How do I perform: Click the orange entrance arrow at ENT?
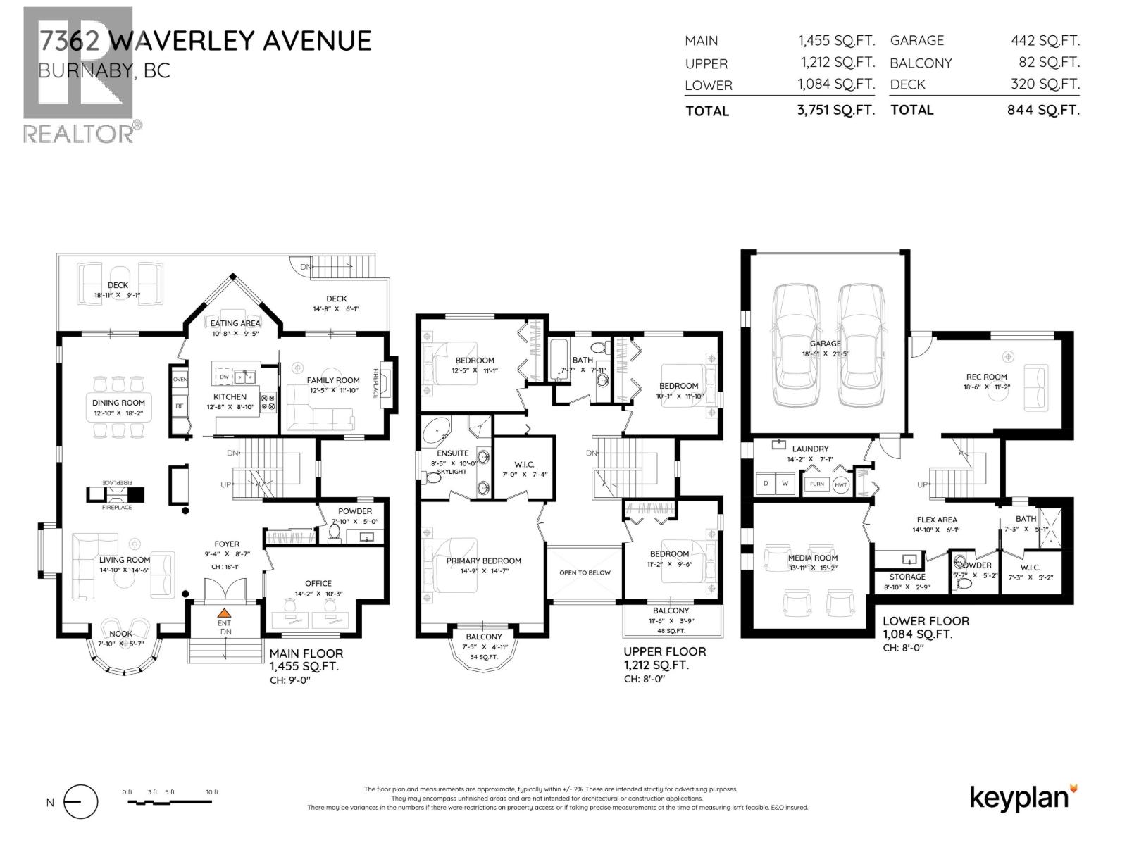[224, 613]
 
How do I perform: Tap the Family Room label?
[333, 380]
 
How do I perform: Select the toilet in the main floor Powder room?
[335, 533]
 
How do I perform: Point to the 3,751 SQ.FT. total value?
[836, 110]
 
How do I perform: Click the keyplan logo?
[1023, 797]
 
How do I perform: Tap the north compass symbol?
[80, 802]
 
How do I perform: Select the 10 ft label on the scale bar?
[212, 792]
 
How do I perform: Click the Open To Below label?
[585, 572]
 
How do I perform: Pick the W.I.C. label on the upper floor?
[524, 465]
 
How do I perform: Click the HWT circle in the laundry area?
[841, 484]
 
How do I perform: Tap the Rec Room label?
[986, 377]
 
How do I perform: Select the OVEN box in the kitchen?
[180, 380]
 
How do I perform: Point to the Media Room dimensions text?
[813, 568]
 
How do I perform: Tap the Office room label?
[318, 583]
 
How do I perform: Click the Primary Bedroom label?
[484, 561]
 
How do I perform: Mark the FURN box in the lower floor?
[817, 484]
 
